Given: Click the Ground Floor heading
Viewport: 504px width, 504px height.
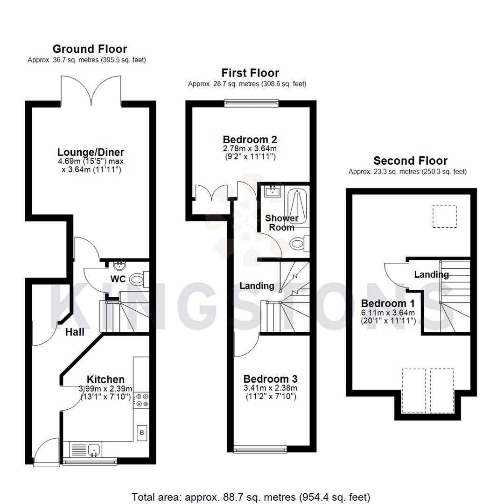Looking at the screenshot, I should point(90,49).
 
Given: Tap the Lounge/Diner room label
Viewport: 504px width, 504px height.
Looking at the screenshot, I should point(91,152).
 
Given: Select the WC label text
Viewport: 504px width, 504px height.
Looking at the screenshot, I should point(118,279).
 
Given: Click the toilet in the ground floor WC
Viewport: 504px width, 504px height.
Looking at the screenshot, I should point(137,280).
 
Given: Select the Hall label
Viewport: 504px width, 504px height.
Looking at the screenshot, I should point(75,332).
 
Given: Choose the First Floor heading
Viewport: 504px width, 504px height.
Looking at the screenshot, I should point(250,73).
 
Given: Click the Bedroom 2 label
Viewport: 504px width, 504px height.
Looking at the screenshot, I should point(250,140).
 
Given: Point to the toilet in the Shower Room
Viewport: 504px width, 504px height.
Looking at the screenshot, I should point(297,243).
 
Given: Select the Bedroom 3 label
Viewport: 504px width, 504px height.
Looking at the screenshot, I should point(270,379).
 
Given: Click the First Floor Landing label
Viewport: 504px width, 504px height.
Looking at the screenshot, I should point(257,286).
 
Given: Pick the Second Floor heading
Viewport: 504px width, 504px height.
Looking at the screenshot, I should point(411,161).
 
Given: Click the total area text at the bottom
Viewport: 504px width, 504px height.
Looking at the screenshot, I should point(251,496).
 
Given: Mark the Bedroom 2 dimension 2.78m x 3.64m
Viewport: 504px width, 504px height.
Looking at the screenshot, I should point(250,148).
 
